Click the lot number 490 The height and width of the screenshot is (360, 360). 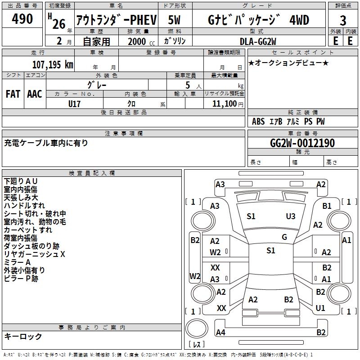[x=22, y=19]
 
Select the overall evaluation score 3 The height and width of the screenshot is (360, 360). [x=343, y=20]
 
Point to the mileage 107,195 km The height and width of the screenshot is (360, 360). [x=52, y=65]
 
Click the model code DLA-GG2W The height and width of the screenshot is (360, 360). [x=258, y=41]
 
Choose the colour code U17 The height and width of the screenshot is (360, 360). [x=75, y=103]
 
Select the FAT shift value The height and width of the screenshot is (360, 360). [x=13, y=94]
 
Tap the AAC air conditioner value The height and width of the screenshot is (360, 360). [x=35, y=94]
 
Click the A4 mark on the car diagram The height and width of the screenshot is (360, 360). [x=220, y=333]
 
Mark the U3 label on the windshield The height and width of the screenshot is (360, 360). [x=291, y=216]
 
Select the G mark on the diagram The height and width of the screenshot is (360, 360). [x=284, y=237]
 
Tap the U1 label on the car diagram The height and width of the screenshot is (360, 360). [x=320, y=308]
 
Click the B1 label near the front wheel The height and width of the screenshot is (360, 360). [x=327, y=206]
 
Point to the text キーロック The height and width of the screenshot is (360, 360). [x=23, y=337]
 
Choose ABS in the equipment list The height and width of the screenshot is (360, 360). [x=258, y=121]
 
